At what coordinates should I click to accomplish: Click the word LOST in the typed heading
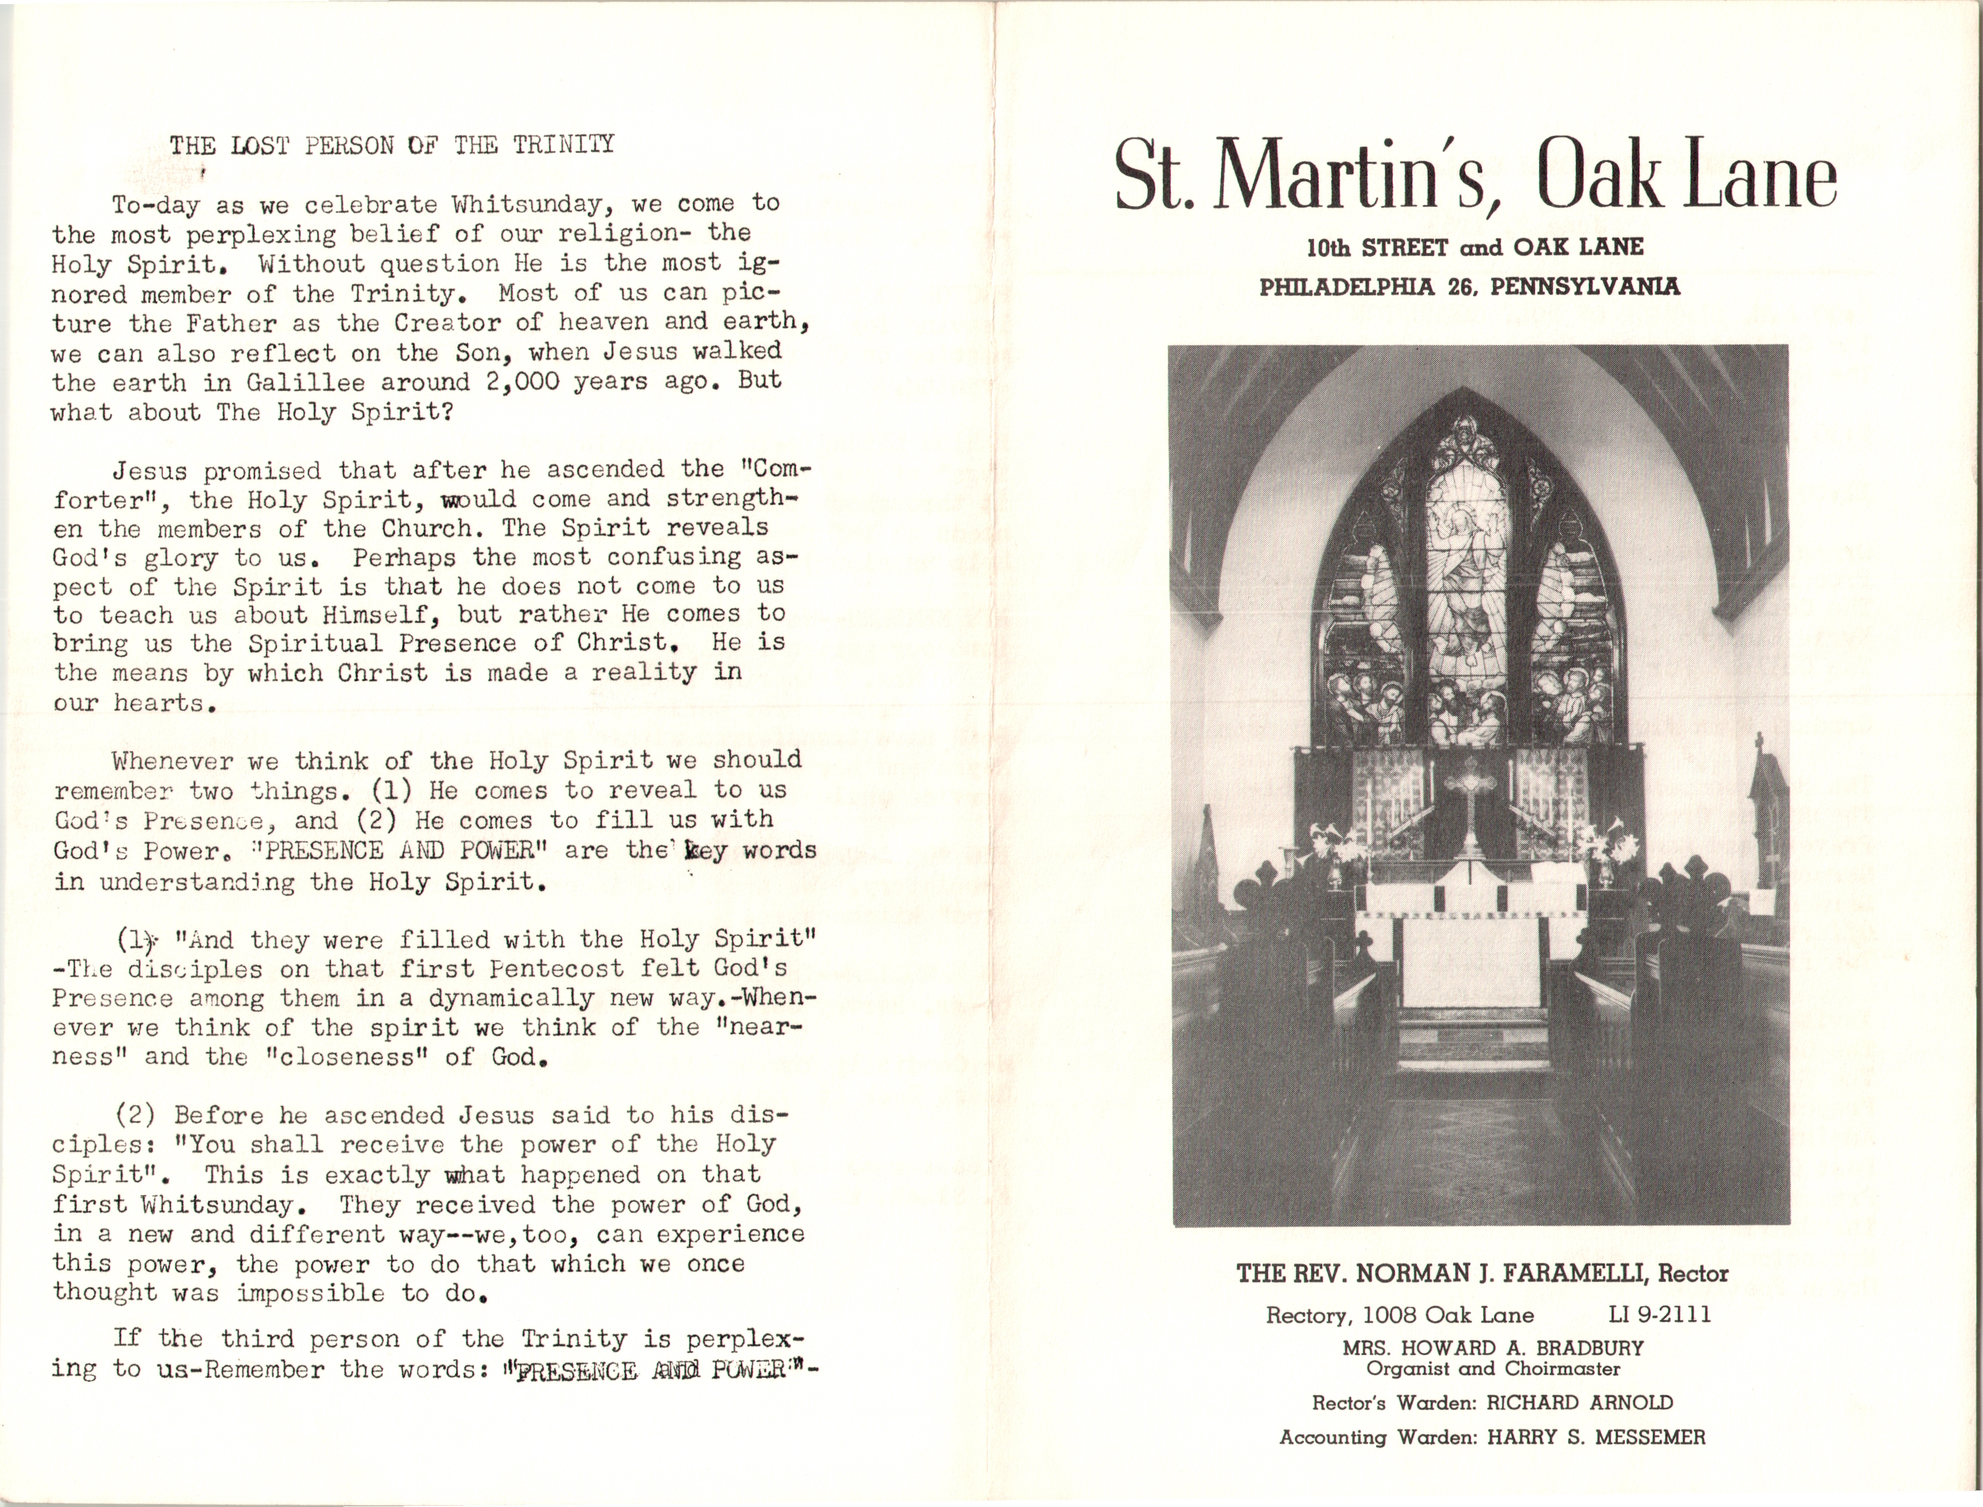(260, 145)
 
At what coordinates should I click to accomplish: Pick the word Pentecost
(556, 969)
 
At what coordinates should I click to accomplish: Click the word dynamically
(511, 998)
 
